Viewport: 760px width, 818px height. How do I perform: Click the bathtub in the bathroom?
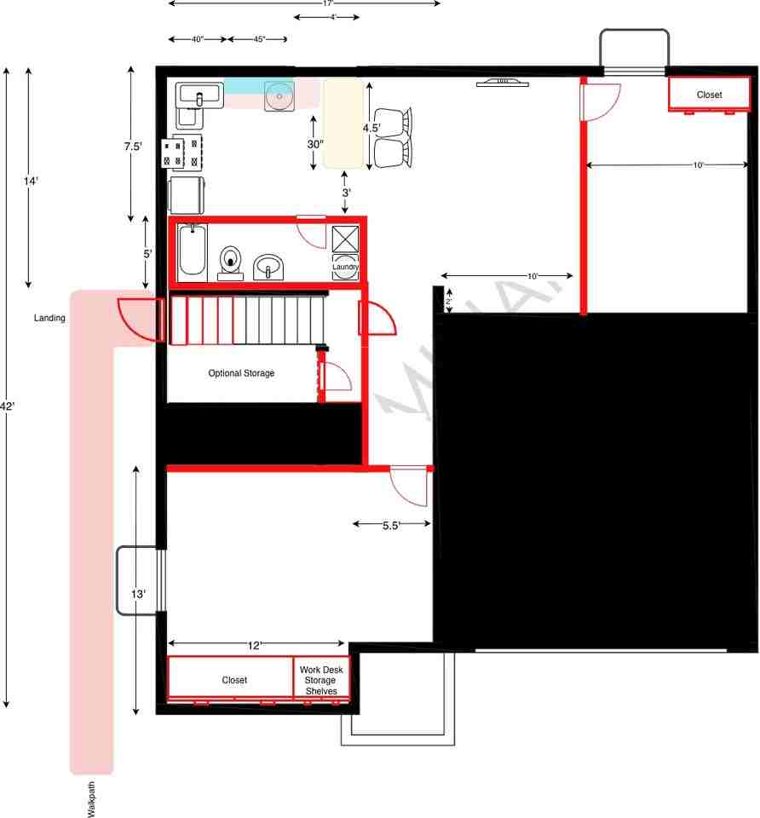coord(192,250)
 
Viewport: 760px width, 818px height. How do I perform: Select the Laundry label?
coord(345,267)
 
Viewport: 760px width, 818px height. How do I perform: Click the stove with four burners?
coord(187,153)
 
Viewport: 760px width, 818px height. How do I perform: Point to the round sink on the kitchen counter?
coord(279,96)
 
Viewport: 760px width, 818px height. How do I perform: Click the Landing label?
coord(49,318)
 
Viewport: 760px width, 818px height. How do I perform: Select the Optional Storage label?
coord(242,373)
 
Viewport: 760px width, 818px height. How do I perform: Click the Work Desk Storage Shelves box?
coord(321,680)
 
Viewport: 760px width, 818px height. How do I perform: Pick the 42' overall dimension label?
coord(7,406)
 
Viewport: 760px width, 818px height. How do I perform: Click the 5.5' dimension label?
coord(391,526)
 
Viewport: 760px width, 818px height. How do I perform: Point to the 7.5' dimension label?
coord(132,147)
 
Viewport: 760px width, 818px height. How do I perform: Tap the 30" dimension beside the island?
coord(315,144)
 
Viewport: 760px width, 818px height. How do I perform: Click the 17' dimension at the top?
coord(327,3)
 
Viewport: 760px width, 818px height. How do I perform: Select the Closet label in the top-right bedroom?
coord(709,95)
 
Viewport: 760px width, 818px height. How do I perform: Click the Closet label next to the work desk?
coord(234,680)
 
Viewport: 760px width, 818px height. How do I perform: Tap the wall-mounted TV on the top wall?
coord(502,83)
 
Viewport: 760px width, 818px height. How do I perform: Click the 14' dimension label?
coord(31,181)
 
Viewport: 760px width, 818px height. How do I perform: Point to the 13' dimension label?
coord(138,595)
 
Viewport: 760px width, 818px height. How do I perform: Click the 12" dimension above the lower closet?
coord(254,646)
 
